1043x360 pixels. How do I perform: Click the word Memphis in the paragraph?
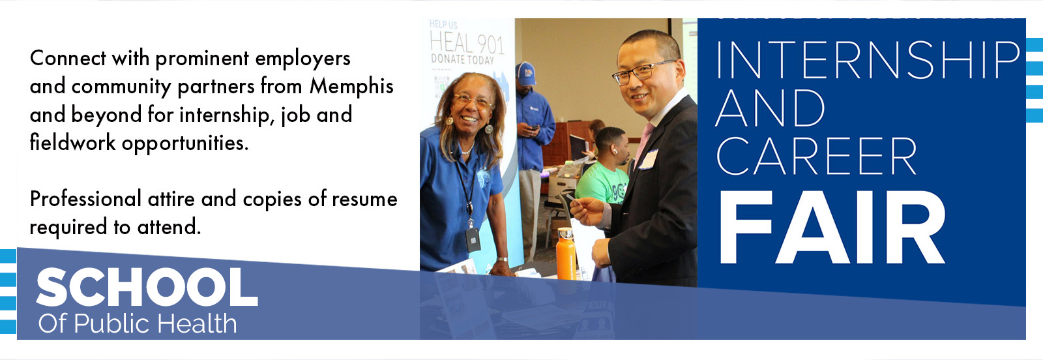click(351, 87)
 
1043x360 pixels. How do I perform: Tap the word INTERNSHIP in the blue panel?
click(867, 60)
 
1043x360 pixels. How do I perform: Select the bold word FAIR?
click(832, 228)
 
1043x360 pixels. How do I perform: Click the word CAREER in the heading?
click(816, 157)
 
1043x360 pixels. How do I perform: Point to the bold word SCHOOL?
click(147, 288)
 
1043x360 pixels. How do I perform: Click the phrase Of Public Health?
click(138, 323)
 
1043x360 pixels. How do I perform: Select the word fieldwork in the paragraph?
click(72, 143)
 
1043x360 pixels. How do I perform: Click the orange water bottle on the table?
click(566, 254)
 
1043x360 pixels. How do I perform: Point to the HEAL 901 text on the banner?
click(467, 44)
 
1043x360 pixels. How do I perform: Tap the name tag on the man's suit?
click(649, 158)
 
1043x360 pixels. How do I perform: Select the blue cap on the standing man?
click(525, 73)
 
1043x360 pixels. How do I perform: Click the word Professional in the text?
click(85, 200)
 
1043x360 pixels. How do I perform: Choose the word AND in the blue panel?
click(771, 109)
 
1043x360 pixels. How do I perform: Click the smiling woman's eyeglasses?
click(473, 102)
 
